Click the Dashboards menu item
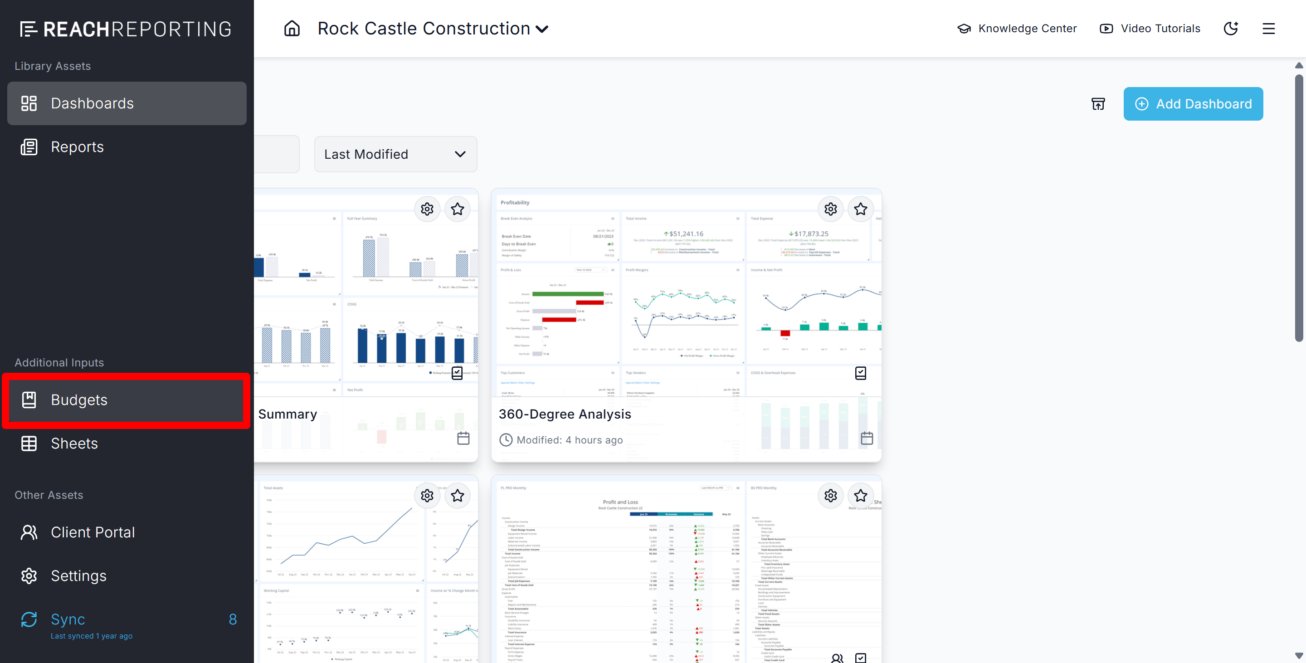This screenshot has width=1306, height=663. point(127,103)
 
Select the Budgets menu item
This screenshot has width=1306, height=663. point(127,400)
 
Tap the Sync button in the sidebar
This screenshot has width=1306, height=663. point(68,619)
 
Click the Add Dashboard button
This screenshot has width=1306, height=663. point(1193,104)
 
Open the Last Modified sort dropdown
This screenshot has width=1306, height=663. point(395,154)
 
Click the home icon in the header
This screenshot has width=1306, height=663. point(292,29)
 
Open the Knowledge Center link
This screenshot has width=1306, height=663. point(1017,29)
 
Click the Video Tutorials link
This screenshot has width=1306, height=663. point(1150,29)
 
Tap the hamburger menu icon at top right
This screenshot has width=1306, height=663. point(1268,29)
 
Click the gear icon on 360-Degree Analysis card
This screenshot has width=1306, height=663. point(830,209)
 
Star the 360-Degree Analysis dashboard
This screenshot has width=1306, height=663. point(860,209)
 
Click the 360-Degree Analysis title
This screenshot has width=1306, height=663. point(565,414)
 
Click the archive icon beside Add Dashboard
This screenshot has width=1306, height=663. point(1098,104)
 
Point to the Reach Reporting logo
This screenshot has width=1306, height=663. point(126,29)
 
